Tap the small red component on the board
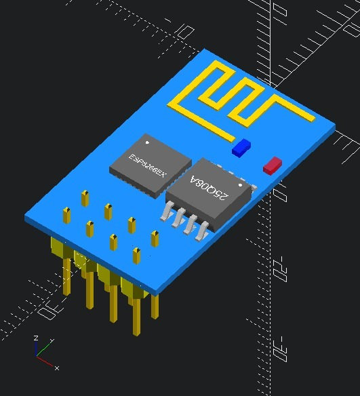coord(273,165)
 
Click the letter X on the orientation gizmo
coord(57,368)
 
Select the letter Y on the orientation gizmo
coord(52,341)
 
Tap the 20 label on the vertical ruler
coord(279,274)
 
